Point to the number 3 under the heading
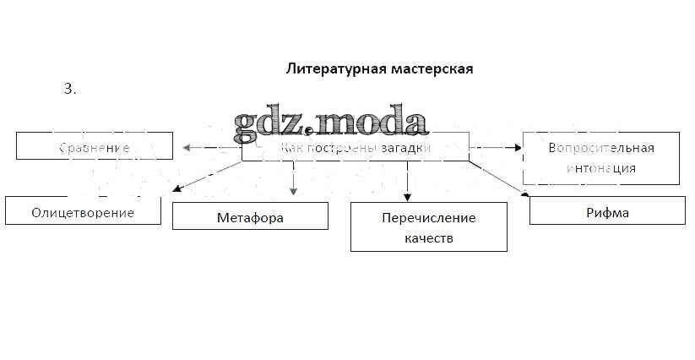[69, 88]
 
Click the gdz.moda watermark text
[330, 123]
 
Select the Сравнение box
[95, 147]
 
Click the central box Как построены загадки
[355, 147]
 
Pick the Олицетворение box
[83, 212]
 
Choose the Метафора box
[250, 217]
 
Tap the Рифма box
[607, 212]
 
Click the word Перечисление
[428, 218]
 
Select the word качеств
[428, 238]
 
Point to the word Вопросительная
[600, 148]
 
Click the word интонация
[600, 167]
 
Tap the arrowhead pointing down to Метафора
[293, 191]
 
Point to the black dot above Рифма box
[524, 194]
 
